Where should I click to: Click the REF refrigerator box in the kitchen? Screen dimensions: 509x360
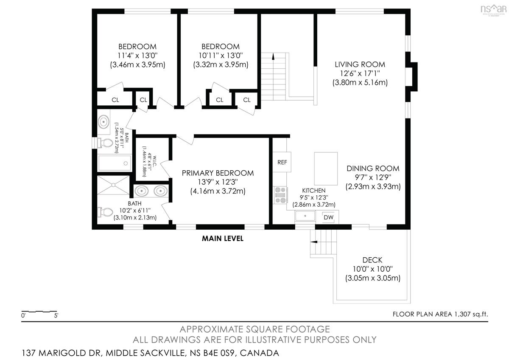(x=282, y=162)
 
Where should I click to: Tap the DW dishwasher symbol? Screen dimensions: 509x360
(x=328, y=217)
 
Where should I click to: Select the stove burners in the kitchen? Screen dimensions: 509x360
(x=281, y=195)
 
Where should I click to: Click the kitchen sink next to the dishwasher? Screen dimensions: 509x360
(x=305, y=216)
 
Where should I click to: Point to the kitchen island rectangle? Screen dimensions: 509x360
(x=326, y=169)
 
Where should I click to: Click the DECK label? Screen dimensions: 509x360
(x=372, y=260)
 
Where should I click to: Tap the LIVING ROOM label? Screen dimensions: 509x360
(x=360, y=65)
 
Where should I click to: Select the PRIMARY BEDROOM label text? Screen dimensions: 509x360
(x=218, y=173)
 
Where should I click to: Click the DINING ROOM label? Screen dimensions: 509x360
(x=373, y=169)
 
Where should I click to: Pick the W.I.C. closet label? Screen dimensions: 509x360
(x=154, y=162)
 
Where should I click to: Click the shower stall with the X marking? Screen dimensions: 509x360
(x=113, y=185)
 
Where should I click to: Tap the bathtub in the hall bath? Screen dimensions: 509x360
(x=115, y=163)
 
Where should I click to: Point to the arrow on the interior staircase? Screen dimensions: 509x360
(x=273, y=56)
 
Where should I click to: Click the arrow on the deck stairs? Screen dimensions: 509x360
(x=314, y=242)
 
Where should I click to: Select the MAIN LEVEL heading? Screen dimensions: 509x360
(x=223, y=239)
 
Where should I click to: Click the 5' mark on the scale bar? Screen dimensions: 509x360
(x=56, y=316)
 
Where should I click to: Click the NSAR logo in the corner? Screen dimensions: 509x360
(x=494, y=10)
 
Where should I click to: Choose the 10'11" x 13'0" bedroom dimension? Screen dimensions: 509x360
(x=221, y=56)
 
